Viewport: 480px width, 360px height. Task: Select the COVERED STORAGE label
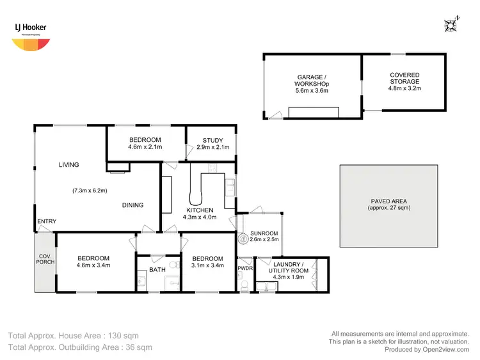[x=404, y=79]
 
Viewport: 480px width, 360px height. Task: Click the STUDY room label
[x=212, y=141]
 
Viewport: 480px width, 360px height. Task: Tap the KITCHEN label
[x=200, y=210]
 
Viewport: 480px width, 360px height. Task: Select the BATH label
[x=157, y=270]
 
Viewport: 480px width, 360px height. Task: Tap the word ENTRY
[x=47, y=222]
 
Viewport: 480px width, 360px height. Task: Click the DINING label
[x=132, y=205]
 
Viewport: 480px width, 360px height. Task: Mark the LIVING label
[x=68, y=165]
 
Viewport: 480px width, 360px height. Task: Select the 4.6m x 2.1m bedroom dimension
[x=145, y=148]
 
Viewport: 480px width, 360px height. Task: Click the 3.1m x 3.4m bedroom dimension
[x=207, y=265]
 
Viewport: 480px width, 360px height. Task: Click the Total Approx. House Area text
[x=72, y=335]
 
